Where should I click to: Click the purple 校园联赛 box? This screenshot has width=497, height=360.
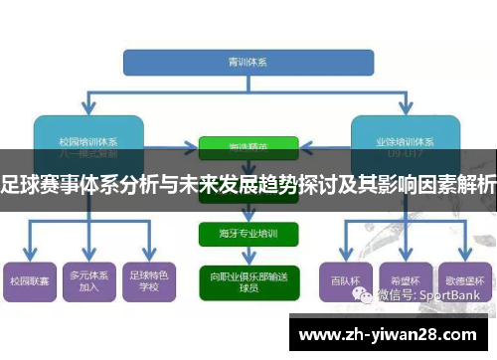click(x=29, y=280)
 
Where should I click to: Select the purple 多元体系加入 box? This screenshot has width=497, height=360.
click(x=88, y=280)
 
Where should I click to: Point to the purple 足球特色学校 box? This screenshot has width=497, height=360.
click(x=148, y=280)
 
